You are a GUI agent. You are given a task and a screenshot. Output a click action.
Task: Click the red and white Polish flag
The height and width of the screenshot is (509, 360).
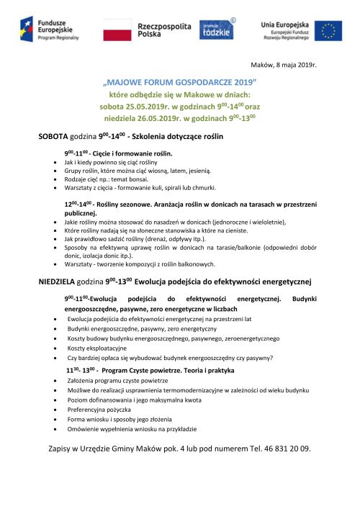click(117, 30)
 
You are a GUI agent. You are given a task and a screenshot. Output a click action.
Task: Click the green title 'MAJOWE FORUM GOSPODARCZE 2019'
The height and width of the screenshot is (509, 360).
click(181, 83)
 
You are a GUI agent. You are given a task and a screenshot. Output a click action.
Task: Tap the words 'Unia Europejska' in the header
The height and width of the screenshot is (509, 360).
click(286, 24)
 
